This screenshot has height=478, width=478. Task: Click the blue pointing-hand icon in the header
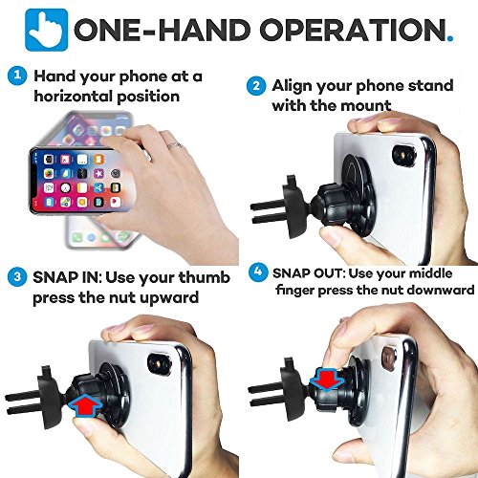click(47, 30)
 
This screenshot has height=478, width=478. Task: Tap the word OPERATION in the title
click(354, 30)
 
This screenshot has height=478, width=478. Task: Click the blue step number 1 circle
click(17, 76)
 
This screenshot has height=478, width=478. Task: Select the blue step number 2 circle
click(256, 86)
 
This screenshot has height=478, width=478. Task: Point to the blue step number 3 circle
click(17, 276)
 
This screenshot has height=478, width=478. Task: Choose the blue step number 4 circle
click(258, 272)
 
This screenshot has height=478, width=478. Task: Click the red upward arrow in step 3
click(86, 404)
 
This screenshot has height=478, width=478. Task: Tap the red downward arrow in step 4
click(327, 380)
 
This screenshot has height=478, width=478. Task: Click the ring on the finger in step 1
click(175, 146)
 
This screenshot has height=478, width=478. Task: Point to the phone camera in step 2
click(404, 156)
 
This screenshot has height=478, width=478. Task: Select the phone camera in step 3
click(159, 361)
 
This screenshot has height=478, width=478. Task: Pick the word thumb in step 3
click(204, 277)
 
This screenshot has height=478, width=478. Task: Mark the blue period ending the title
click(450, 38)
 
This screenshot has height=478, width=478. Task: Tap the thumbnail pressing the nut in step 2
click(333, 237)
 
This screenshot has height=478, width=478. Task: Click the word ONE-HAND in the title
click(163, 30)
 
